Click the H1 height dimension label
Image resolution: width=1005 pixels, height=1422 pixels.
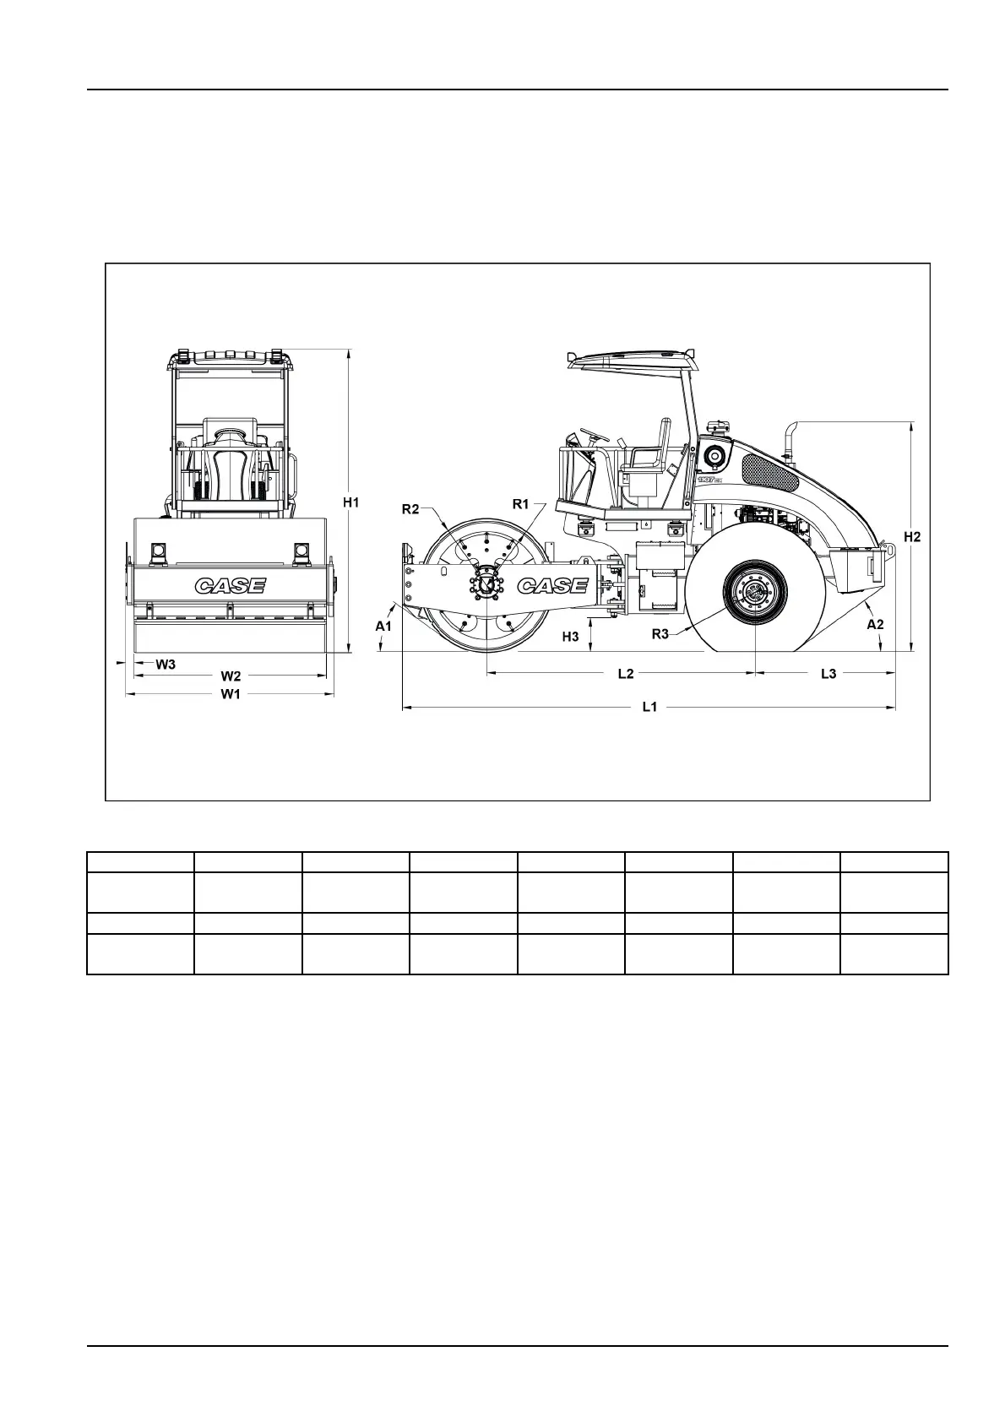point(351,502)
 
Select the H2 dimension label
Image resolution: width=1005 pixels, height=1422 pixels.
point(912,536)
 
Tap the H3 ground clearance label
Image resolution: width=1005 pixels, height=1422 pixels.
point(571,637)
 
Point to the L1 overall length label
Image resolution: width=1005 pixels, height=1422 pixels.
point(649,708)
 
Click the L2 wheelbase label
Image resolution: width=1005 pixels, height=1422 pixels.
point(625,673)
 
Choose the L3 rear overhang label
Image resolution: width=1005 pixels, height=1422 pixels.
point(828,673)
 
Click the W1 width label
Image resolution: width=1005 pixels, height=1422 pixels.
point(231,694)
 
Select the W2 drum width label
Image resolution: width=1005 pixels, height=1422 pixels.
point(231,676)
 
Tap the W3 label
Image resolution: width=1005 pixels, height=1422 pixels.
point(166,664)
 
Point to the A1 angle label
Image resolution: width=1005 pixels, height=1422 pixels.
point(383,626)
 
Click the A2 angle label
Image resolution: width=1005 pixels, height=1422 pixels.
point(876,624)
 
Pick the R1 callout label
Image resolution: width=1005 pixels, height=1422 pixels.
point(521,504)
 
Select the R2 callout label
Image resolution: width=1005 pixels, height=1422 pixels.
point(410,508)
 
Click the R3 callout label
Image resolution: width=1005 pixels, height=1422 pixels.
point(660,634)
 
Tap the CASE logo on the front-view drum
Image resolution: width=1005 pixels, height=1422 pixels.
point(231,585)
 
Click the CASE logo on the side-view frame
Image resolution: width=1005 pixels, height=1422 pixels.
point(552,585)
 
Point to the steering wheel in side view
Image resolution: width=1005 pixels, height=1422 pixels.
point(594,436)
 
